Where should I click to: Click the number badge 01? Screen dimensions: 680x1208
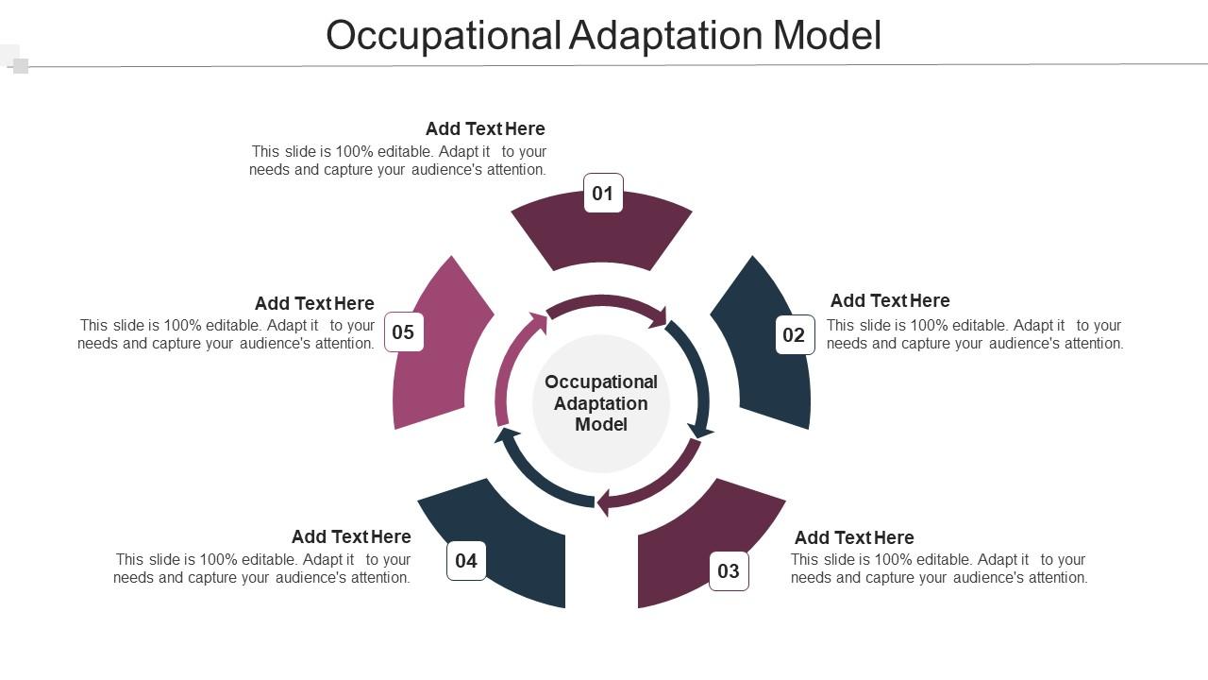pyautogui.click(x=603, y=194)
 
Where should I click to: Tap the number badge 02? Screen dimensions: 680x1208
pyautogui.click(x=795, y=335)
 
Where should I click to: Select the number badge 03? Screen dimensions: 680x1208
pyautogui.click(x=729, y=571)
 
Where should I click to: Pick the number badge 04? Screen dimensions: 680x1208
pyautogui.click(x=466, y=561)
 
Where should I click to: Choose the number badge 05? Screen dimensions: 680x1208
pyautogui.click(x=404, y=332)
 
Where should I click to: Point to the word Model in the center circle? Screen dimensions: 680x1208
pyautogui.click(x=601, y=425)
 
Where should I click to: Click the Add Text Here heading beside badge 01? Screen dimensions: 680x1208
pyautogui.click(x=485, y=128)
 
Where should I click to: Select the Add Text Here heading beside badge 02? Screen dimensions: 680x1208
pyautogui.click(x=890, y=300)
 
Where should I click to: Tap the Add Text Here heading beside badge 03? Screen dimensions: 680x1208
pyautogui.click(x=854, y=537)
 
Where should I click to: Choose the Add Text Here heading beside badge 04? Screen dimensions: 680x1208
pyautogui.click(x=351, y=536)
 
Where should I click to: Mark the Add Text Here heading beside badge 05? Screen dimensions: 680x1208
pyautogui.click(x=314, y=303)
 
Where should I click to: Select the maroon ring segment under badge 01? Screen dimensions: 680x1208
pyautogui.click(x=602, y=236)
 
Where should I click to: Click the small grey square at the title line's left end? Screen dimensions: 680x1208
pyautogui.click(x=21, y=66)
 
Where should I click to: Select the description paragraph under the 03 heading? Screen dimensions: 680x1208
pyautogui.click(x=939, y=569)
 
